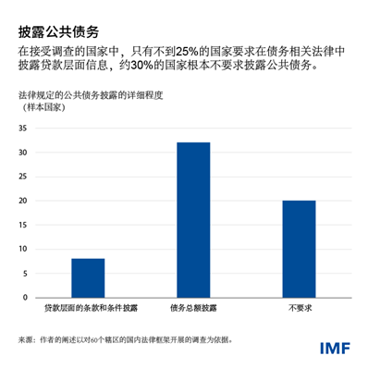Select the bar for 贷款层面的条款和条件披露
(x=88, y=278)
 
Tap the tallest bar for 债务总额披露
(x=193, y=220)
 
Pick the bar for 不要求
(x=299, y=249)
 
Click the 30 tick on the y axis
(x=21, y=152)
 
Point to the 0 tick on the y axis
(x=23, y=299)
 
